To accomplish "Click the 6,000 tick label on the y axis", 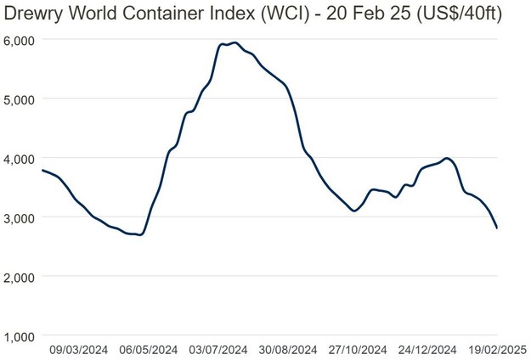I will coord(18,40).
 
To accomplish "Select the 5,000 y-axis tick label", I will coord(18,99).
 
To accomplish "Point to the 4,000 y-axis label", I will coord(18,158).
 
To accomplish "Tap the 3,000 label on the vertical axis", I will coord(18,217).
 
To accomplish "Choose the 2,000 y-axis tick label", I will coord(18,277).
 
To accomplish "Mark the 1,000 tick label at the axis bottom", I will coord(18,336).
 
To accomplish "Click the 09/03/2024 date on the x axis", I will coord(78,349).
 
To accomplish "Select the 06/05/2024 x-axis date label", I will coord(148,349).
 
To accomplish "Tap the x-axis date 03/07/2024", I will coord(217,349).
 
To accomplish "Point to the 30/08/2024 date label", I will coord(288,349).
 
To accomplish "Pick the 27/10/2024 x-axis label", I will coord(358,349).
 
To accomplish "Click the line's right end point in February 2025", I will coord(497,228).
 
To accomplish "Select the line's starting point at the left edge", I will coord(42,171).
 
